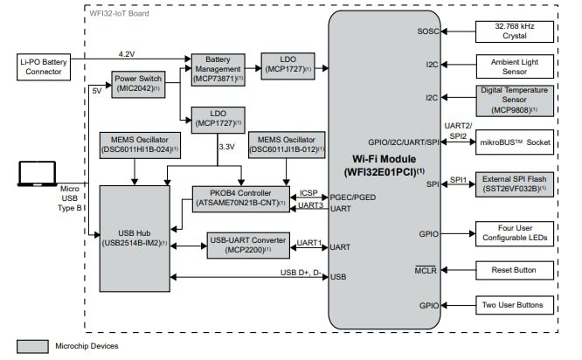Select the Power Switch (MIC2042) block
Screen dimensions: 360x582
point(138,84)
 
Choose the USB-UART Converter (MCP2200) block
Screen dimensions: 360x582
point(246,244)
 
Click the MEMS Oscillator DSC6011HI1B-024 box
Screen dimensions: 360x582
point(135,145)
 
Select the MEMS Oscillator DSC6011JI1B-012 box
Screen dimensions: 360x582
point(285,145)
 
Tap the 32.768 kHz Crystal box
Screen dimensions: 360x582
point(514,31)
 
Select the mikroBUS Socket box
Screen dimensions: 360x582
point(514,140)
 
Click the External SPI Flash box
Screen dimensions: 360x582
point(514,183)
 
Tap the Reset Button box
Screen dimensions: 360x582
point(514,270)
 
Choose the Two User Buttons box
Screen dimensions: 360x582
point(514,306)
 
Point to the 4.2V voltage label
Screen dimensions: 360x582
point(127,53)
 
